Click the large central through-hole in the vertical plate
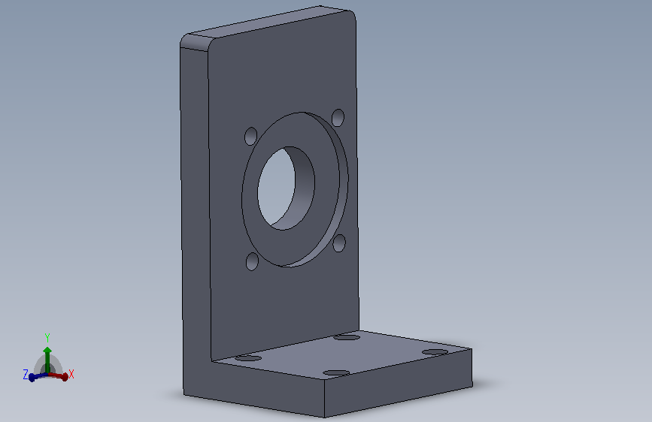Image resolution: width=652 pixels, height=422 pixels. click(286, 188)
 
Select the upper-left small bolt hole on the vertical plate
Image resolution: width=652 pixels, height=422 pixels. click(250, 136)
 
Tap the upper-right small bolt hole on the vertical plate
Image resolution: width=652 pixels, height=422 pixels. click(338, 118)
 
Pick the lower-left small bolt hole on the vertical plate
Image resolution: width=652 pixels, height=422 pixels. click(253, 261)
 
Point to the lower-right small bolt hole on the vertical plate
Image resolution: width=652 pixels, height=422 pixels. click(339, 243)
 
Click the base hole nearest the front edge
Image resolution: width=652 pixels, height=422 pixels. click(336, 372)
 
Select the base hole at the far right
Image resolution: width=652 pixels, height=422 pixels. click(435, 352)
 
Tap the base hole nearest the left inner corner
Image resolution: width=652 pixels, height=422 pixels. click(248, 357)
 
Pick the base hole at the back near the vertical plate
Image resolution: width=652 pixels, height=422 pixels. click(347, 337)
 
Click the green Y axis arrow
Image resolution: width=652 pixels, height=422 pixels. click(47, 360)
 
